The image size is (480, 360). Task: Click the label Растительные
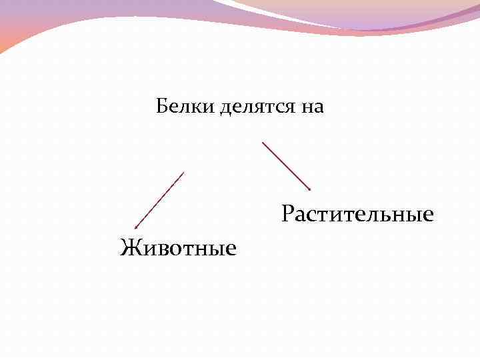click(357, 215)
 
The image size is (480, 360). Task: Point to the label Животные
click(178, 248)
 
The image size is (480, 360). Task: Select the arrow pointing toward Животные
click(159, 200)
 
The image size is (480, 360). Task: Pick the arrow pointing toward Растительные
click(287, 165)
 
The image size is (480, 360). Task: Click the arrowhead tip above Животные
click(135, 228)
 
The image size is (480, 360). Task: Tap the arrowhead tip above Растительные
click(310, 189)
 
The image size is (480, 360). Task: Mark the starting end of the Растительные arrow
click(263, 141)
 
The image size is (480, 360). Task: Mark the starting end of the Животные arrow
click(183, 172)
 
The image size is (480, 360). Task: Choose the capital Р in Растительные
click(287, 215)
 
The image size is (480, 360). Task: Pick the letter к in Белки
click(198, 107)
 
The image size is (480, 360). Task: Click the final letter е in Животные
click(231, 249)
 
